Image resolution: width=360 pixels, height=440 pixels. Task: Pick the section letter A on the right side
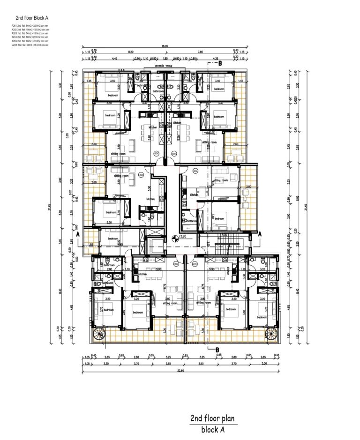[x=260, y=232]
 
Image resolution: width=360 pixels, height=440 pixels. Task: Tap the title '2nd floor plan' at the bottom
[x=212, y=418]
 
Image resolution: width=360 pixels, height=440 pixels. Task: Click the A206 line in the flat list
[x=30, y=45]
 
